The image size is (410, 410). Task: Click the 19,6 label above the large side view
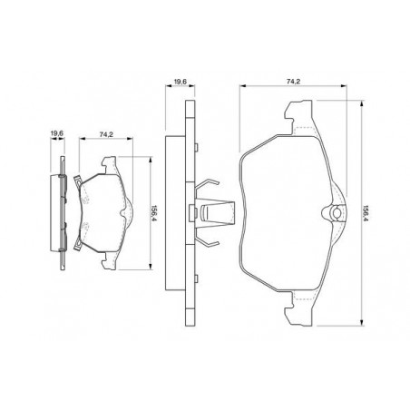(181, 82)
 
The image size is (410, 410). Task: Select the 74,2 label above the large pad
(293, 82)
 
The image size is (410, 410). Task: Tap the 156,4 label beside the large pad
(366, 214)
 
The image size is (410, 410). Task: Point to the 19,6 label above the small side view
(56, 133)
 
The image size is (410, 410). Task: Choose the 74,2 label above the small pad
(106, 134)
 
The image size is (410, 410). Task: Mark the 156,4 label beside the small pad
(155, 213)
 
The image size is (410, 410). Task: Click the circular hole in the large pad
(337, 213)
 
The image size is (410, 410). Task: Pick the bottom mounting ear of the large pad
(298, 308)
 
